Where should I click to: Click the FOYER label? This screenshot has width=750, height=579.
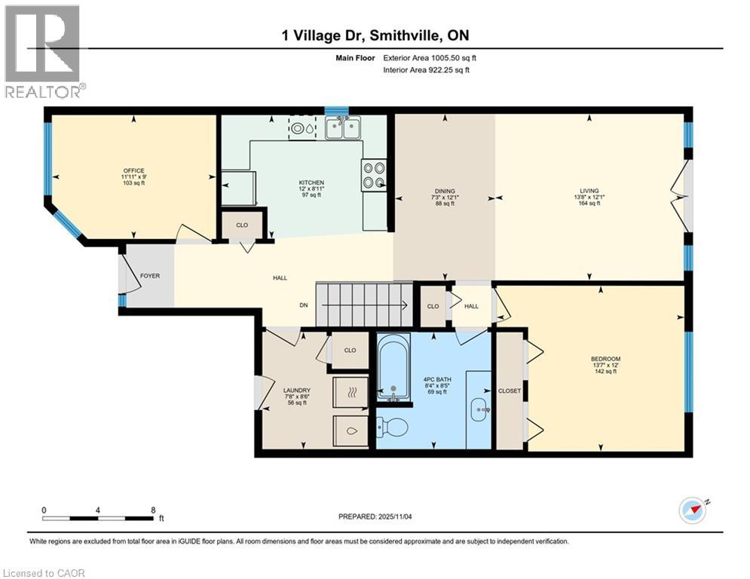tap(150, 276)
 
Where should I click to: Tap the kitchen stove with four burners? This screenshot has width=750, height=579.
tap(375, 175)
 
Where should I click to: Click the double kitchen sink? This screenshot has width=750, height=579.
tap(342, 128)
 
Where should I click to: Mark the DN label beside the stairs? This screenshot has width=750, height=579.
tap(304, 305)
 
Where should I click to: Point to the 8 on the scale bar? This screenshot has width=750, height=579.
tap(153, 510)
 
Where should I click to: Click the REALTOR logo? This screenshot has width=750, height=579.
tap(42, 50)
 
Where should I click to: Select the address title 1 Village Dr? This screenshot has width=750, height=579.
tap(375, 35)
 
